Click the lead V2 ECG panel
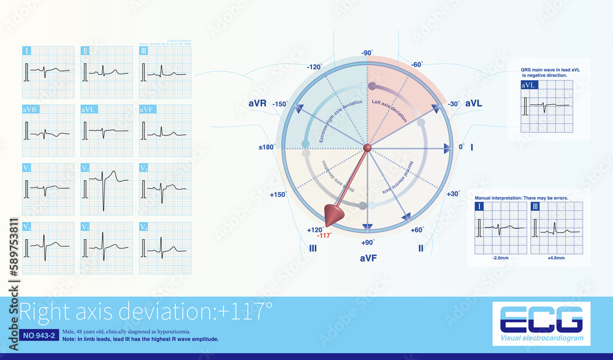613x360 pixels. tap(106, 188)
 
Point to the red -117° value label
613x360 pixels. tap(324, 236)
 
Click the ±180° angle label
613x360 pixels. tap(265, 147)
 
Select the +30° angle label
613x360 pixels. tap(453, 194)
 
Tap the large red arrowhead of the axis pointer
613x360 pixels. tap(333, 212)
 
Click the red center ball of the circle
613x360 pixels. tap(367, 148)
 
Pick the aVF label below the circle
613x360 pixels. tap(368, 259)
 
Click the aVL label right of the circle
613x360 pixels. tap(473, 104)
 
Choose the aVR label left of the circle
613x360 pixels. tap(257, 104)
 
